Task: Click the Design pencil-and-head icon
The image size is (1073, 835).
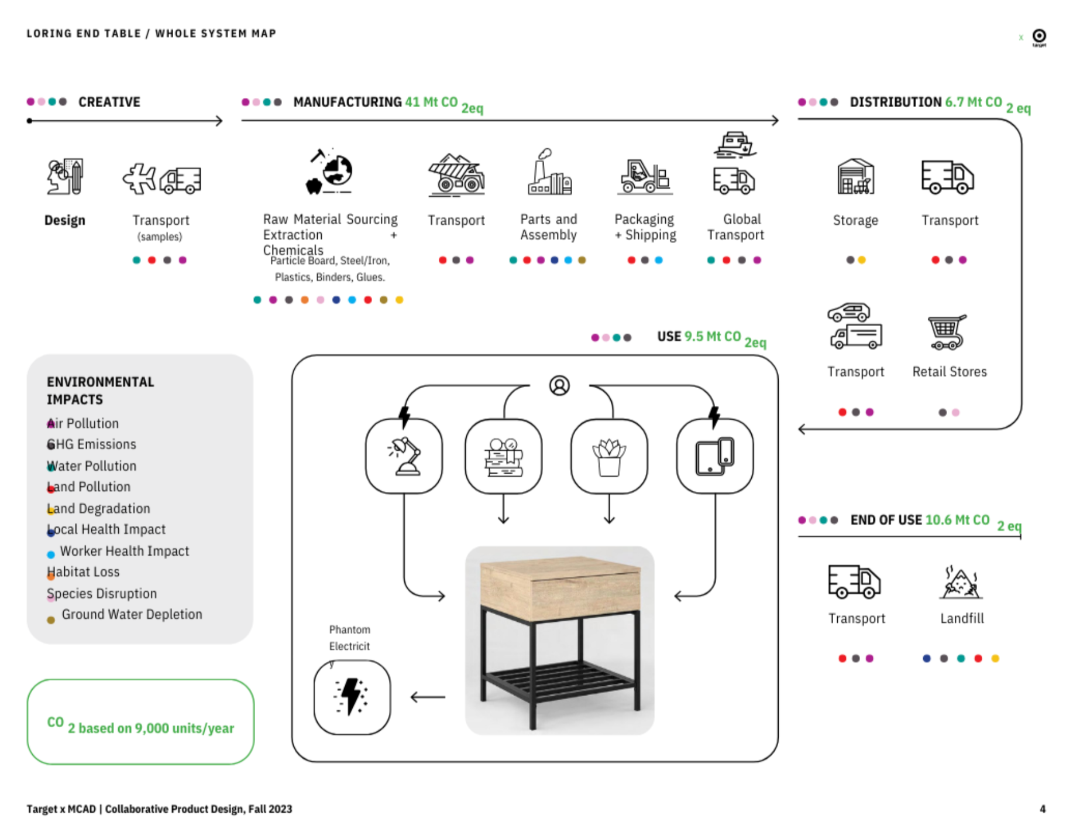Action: tap(65, 176)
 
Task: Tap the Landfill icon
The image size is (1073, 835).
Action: tap(961, 583)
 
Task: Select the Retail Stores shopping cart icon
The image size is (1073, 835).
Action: tap(947, 332)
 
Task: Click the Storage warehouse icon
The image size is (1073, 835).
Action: tap(855, 176)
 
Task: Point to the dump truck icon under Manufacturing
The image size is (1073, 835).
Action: tap(456, 175)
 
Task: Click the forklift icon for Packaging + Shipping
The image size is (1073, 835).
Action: tap(645, 176)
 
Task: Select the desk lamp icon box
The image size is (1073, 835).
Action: tap(404, 456)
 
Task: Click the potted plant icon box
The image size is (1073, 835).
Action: tap(609, 456)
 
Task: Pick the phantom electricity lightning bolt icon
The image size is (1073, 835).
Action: tap(352, 697)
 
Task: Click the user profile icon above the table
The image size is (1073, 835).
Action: tap(559, 385)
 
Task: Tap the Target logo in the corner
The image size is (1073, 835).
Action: tap(1039, 36)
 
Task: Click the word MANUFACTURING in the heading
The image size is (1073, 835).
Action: tap(348, 102)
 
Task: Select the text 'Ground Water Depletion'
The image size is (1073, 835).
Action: tap(132, 614)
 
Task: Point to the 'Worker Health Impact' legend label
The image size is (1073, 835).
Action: tap(124, 551)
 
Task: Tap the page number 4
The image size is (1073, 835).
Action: tap(1043, 809)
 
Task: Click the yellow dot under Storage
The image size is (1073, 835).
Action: tap(862, 260)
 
